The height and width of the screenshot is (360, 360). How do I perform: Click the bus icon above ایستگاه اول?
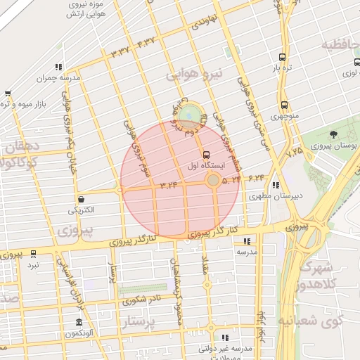[206, 155]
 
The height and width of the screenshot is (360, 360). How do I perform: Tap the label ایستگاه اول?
[206, 166]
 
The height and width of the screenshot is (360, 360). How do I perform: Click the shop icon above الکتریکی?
[82, 200]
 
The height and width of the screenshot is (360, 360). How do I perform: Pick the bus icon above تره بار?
[282, 58]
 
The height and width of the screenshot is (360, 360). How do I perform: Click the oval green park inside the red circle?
[188, 114]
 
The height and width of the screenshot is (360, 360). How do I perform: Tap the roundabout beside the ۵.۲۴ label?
[212, 181]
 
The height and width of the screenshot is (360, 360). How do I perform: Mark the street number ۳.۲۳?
[169, 185]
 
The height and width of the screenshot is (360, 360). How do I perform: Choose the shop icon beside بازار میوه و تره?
[7, 94]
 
